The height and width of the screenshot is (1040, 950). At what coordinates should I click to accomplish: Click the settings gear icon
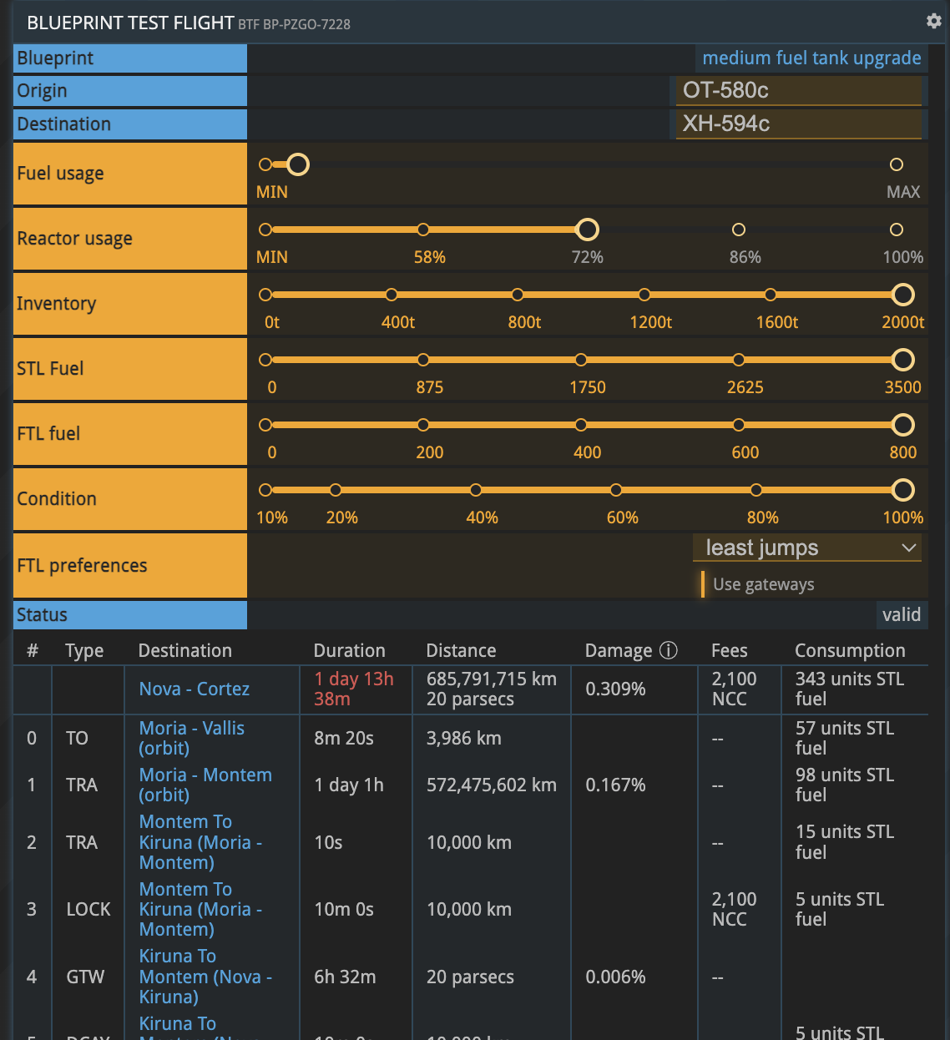pyautogui.click(x=933, y=21)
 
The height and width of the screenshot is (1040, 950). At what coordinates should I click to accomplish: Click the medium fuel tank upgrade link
pyautogui.click(x=811, y=58)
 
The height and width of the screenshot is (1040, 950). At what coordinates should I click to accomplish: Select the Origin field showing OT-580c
pyautogui.click(x=798, y=90)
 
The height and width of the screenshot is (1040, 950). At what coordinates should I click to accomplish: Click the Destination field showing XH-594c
pyautogui.click(x=798, y=124)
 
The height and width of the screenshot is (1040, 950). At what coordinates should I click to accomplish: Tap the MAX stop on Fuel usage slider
pyautogui.click(x=896, y=164)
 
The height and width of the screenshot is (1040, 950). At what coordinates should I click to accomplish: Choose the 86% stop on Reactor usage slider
pyautogui.click(x=738, y=230)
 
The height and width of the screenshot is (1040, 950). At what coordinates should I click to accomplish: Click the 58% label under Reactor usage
pyautogui.click(x=429, y=257)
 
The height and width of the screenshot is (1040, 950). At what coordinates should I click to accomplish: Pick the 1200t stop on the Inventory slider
pyautogui.click(x=644, y=295)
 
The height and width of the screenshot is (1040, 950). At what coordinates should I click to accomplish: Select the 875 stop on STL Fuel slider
pyautogui.click(x=423, y=360)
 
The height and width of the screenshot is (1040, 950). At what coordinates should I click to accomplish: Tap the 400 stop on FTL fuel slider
pyautogui.click(x=580, y=425)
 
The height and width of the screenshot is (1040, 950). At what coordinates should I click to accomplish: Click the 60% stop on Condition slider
pyautogui.click(x=615, y=490)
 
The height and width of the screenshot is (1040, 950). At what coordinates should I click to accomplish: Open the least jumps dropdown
pyautogui.click(x=807, y=548)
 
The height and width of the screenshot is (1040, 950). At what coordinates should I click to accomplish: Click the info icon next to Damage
pyautogui.click(x=668, y=650)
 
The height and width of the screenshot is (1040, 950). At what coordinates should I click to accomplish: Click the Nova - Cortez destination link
pyautogui.click(x=194, y=689)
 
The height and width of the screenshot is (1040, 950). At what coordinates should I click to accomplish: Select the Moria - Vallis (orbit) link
pyautogui.click(x=191, y=738)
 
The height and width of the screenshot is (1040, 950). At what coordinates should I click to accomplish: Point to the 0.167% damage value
pyautogui.click(x=615, y=785)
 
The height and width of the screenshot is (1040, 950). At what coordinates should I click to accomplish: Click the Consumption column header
pyautogui.click(x=849, y=650)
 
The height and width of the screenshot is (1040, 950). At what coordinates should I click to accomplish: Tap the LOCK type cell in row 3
pyautogui.click(x=88, y=909)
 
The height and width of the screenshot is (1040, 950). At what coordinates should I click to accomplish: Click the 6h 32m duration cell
pyautogui.click(x=345, y=977)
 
